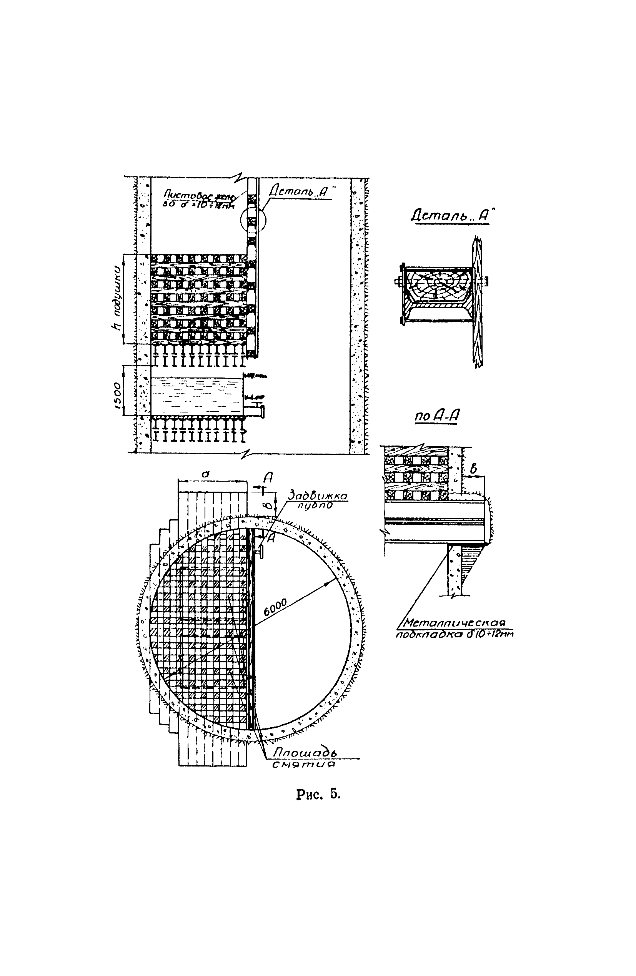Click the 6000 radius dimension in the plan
tap(275, 607)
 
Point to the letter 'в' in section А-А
tap(473, 468)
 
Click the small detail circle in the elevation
tap(253, 221)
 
